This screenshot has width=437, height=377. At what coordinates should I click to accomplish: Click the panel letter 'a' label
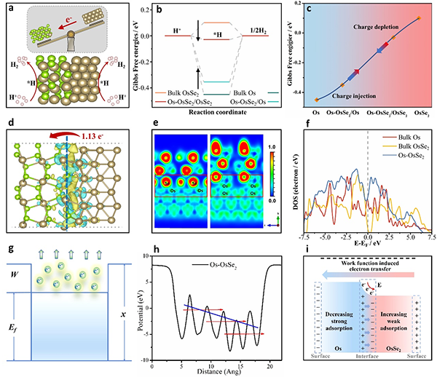pos(7,9)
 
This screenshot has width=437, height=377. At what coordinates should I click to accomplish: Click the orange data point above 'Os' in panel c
pos(316,99)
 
